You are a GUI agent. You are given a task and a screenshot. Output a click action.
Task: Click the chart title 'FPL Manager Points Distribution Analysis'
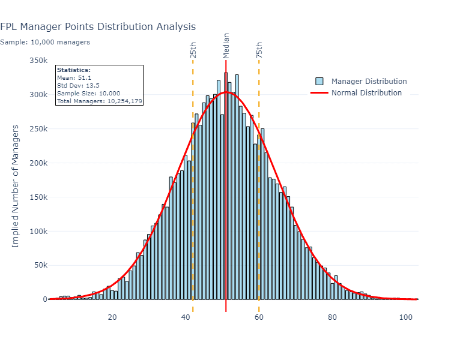coord(98,27)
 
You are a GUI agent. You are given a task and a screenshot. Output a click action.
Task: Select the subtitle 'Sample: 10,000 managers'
coord(45,42)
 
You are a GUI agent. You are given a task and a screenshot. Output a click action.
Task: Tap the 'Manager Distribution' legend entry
coord(369,82)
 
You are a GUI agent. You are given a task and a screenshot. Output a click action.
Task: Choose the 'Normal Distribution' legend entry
coord(366,93)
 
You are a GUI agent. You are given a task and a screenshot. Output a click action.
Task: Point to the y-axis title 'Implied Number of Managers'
coord(16,186)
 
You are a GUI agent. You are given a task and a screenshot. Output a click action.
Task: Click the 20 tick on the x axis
coord(112,317)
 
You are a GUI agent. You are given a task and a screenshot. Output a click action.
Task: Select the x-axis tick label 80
coord(333,317)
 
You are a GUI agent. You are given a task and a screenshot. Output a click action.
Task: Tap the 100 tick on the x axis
coord(406,317)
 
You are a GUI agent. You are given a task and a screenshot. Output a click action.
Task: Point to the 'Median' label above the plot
coord(226,46)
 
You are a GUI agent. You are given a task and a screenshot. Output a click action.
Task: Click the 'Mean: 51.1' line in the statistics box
coord(74,78)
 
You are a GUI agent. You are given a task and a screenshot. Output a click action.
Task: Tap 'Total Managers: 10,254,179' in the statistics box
coord(99,101)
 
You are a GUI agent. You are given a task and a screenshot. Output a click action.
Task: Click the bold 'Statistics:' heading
coord(73,70)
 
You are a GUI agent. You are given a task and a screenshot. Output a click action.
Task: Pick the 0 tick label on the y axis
coord(44,299)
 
